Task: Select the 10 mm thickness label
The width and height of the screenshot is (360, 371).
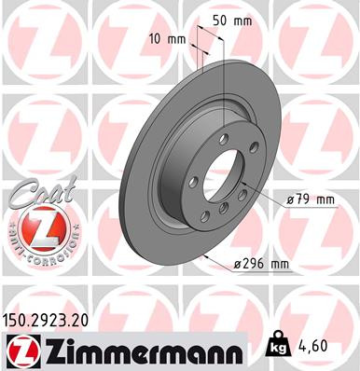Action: (x=167, y=39)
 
